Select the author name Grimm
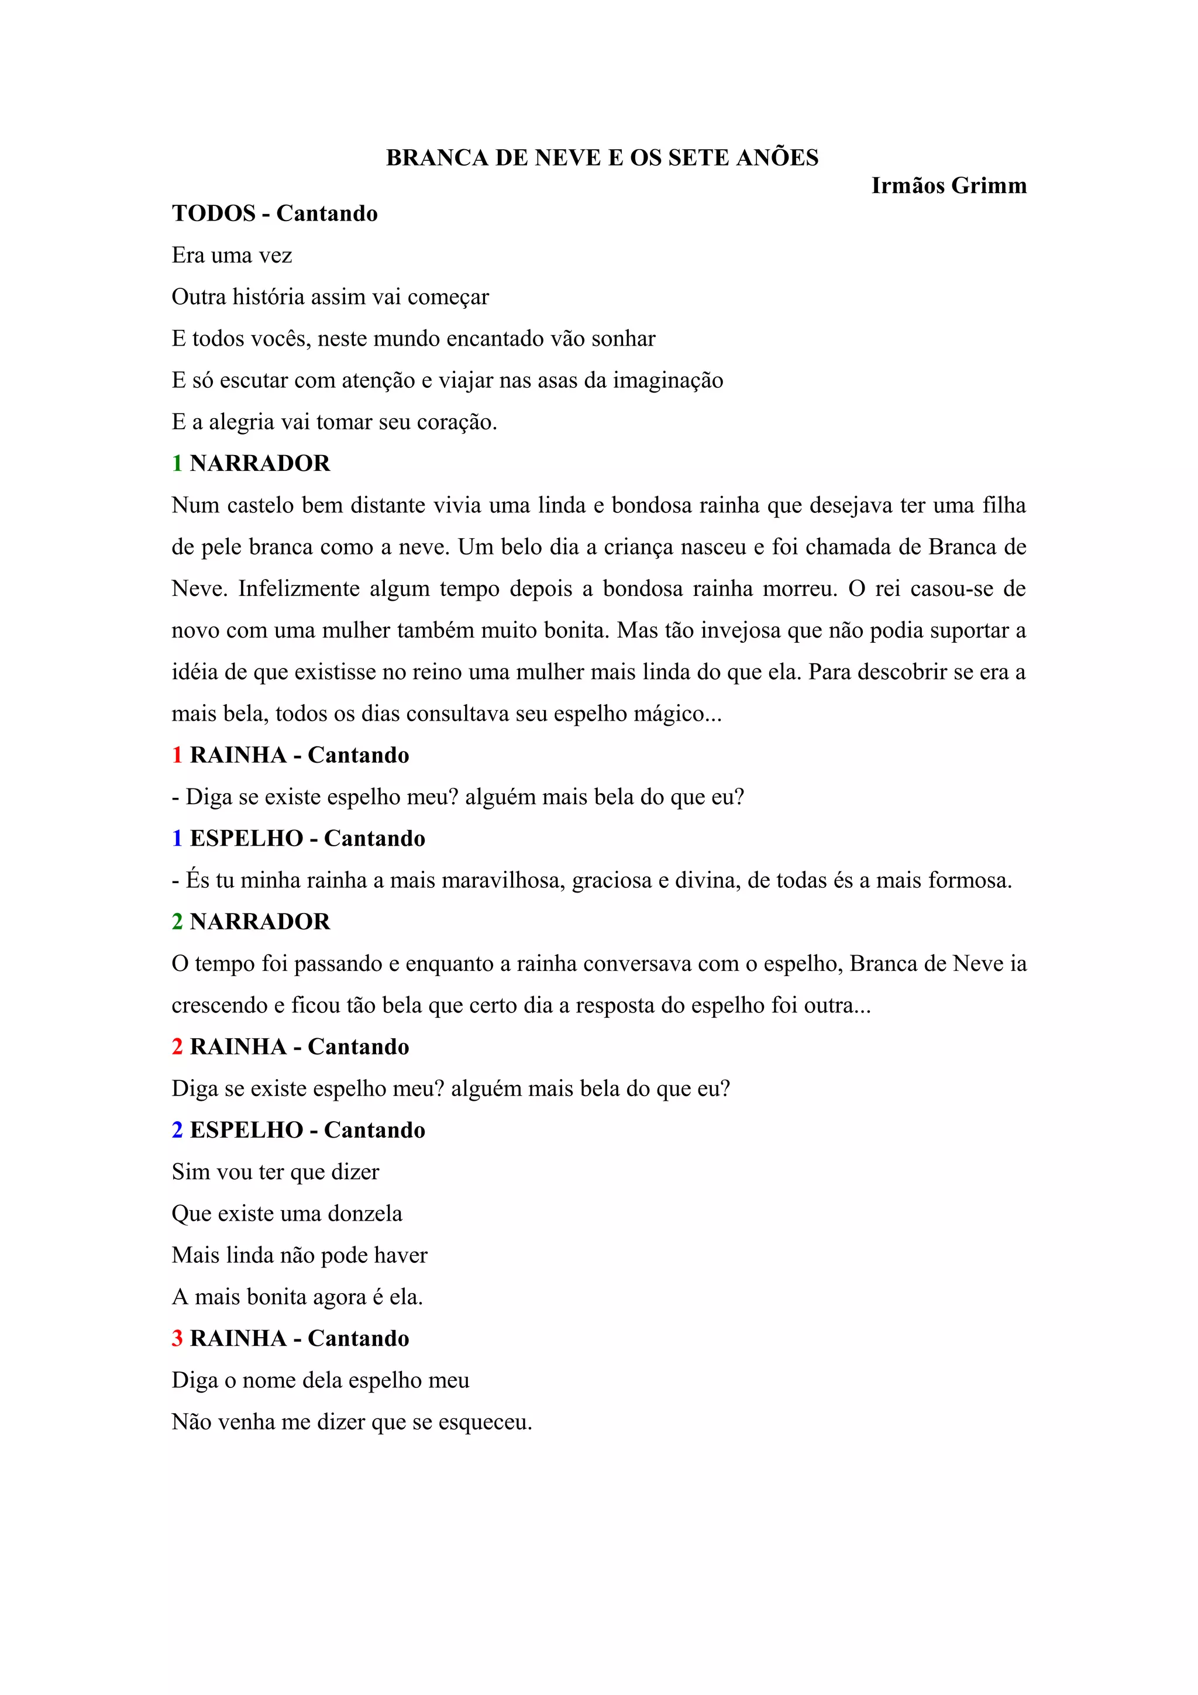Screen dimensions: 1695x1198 [989, 185]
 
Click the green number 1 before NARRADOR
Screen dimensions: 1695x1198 [177, 464]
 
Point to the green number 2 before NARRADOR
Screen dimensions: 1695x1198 [177, 922]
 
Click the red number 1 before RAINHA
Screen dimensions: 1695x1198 [177, 755]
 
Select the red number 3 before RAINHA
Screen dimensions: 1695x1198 [177, 1338]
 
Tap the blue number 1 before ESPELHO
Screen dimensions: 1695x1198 [177, 839]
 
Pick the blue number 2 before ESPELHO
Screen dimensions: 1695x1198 [177, 1130]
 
